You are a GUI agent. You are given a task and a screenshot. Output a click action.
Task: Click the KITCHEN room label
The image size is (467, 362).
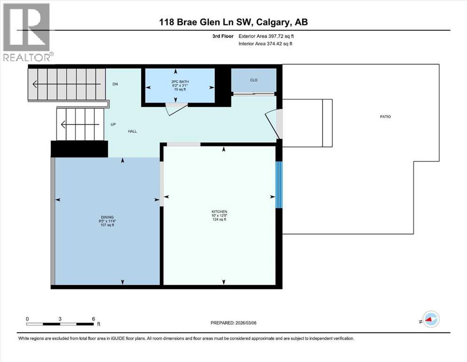(219, 212)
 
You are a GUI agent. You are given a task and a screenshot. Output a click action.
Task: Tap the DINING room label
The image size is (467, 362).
(107, 217)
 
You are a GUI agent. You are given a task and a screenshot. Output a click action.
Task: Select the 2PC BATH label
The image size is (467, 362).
(179, 82)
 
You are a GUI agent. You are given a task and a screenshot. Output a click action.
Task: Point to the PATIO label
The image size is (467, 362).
(385, 116)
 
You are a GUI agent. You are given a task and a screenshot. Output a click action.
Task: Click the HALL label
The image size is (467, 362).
(132, 131)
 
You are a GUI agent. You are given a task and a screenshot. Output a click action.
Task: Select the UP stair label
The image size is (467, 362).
(113, 124)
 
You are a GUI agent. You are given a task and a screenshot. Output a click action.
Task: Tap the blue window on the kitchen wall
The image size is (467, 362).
(278, 185)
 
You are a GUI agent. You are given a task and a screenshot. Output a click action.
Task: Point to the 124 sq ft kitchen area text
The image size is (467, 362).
(219, 220)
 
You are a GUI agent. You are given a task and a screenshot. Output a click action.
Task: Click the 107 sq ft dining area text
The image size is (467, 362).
(107, 225)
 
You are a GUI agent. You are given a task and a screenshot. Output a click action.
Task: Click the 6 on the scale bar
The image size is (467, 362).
(93, 319)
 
